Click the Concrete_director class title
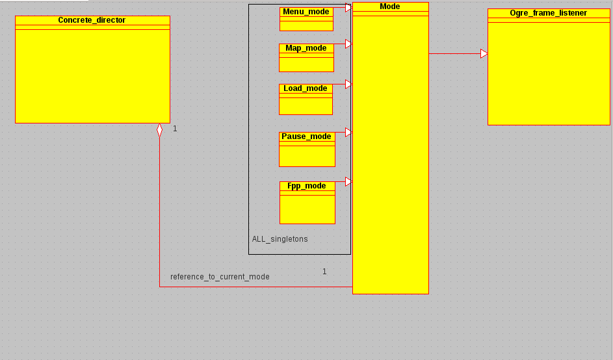click(x=92, y=20)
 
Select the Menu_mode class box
click(x=306, y=19)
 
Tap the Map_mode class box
click(x=306, y=58)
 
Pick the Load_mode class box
click(x=306, y=99)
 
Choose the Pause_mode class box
click(x=307, y=149)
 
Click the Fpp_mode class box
click(x=307, y=203)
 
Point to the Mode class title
click(x=390, y=6)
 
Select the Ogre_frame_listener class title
click(x=548, y=13)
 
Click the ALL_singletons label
click(x=280, y=239)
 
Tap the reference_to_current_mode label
click(x=220, y=277)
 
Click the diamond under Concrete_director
click(x=159, y=130)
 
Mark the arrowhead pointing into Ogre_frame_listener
click(x=484, y=54)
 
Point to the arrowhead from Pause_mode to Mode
click(x=348, y=133)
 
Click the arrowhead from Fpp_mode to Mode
click(x=348, y=182)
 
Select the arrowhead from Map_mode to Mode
click(x=348, y=44)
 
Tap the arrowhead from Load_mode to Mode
click(x=348, y=84)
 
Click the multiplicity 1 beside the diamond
click(x=175, y=129)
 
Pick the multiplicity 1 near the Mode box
click(x=324, y=272)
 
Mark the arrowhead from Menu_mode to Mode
click(x=348, y=8)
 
